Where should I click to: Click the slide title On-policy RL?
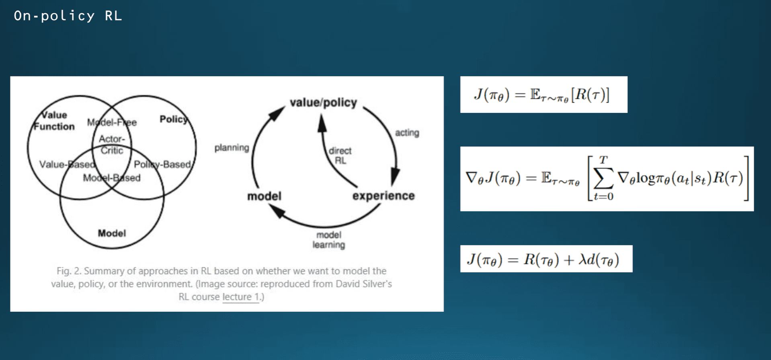[x=68, y=16]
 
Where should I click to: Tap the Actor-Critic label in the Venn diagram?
[x=112, y=145]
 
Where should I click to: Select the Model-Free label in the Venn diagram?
[x=112, y=122]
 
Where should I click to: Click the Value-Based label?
[x=67, y=164]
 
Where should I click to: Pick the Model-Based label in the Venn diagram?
[x=112, y=178]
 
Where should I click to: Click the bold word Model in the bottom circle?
[x=112, y=233]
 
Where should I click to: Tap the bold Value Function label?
[x=54, y=121]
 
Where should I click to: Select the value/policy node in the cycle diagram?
[x=323, y=103]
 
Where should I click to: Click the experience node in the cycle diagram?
[x=383, y=196]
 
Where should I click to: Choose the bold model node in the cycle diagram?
[x=264, y=196]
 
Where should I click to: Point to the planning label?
[x=232, y=148]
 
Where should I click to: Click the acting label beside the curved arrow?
[x=407, y=133]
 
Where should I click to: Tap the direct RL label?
[x=340, y=155]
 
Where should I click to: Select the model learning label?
[x=329, y=240]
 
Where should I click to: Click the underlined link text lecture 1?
[x=241, y=297]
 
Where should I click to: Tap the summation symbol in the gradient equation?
[x=603, y=178]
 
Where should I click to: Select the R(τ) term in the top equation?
[x=591, y=95]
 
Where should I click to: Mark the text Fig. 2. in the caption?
[x=69, y=271]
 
